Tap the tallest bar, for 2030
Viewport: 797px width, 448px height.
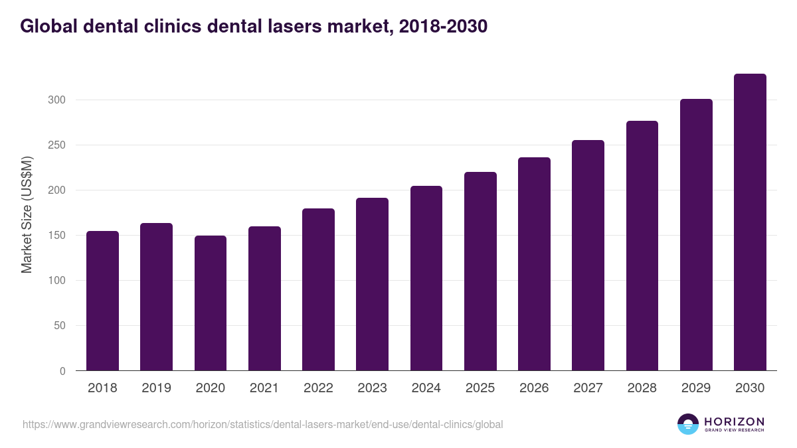point(750,222)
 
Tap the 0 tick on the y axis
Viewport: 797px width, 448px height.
point(63,371)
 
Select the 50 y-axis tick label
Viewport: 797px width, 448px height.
point(60,326)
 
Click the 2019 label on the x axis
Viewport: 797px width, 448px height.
point(157,388)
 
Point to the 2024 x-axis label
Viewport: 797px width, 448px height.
point(426,388)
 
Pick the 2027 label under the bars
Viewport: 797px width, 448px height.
point(588,388)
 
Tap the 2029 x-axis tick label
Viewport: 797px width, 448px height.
point(696,388)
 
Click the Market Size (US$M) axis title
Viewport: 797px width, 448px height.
point(27,215)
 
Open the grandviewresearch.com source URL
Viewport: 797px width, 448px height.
point(263,424)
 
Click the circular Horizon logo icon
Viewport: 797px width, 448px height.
point(688,424)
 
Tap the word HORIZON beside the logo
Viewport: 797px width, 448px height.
point(734,421)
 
